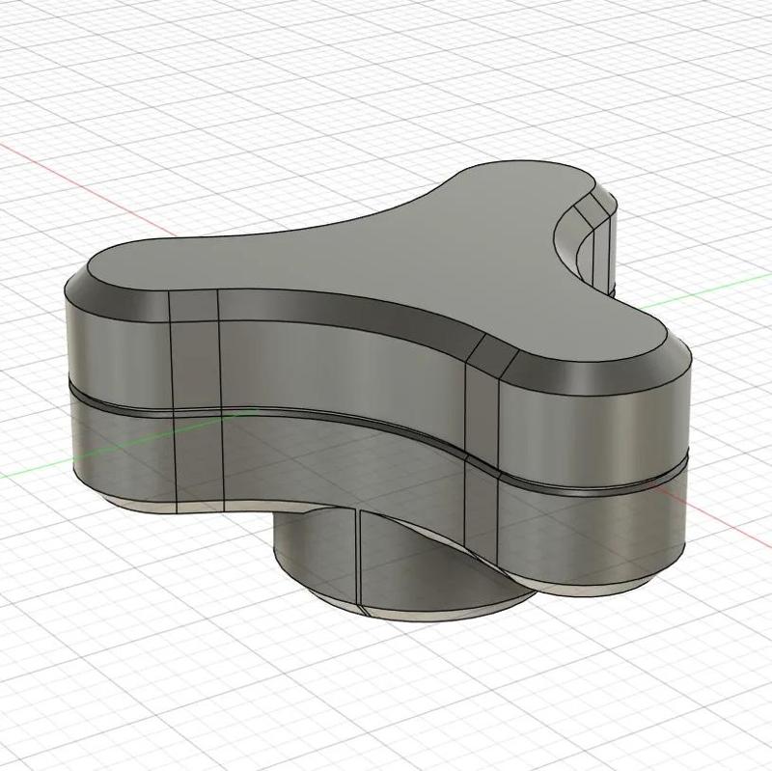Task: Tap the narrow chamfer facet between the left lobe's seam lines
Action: [194, 306]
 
